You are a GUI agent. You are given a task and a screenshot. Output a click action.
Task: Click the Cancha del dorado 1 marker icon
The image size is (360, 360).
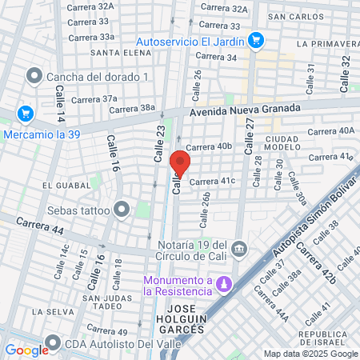(34, 77)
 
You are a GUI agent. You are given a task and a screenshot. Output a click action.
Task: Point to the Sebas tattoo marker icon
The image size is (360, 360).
(122, 210)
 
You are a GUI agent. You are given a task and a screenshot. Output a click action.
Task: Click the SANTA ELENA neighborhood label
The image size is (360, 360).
(117, 53)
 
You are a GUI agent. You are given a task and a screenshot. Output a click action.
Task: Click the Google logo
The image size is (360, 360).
(26, 350)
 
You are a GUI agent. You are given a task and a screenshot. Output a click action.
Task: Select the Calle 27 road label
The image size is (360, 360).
(249, 129)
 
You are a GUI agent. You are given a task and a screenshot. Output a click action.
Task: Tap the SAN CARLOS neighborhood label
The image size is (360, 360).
(297, 16)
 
